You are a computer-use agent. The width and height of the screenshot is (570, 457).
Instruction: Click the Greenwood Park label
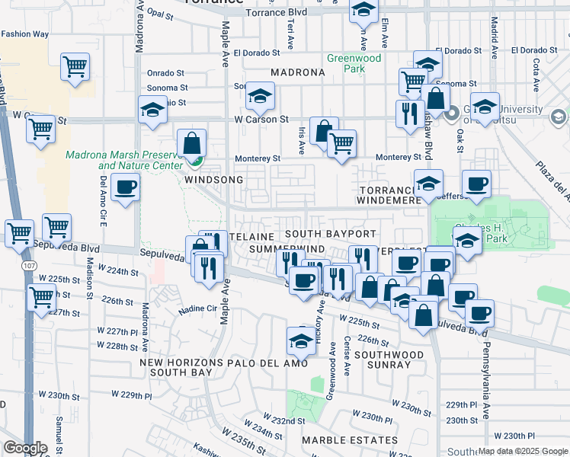354,63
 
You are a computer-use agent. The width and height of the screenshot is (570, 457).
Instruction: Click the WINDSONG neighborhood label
213,180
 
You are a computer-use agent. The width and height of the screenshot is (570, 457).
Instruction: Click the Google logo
25,448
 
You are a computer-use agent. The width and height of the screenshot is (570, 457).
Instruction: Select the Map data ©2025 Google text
523,452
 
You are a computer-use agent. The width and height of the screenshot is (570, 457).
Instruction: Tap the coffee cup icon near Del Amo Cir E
126,187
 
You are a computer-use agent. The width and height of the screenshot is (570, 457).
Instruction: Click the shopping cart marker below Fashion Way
75,68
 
